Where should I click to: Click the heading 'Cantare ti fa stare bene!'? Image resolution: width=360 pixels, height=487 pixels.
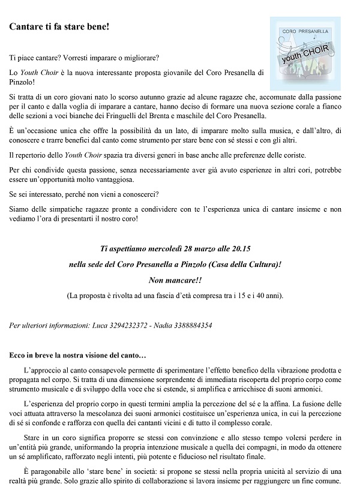click(59, 28)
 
